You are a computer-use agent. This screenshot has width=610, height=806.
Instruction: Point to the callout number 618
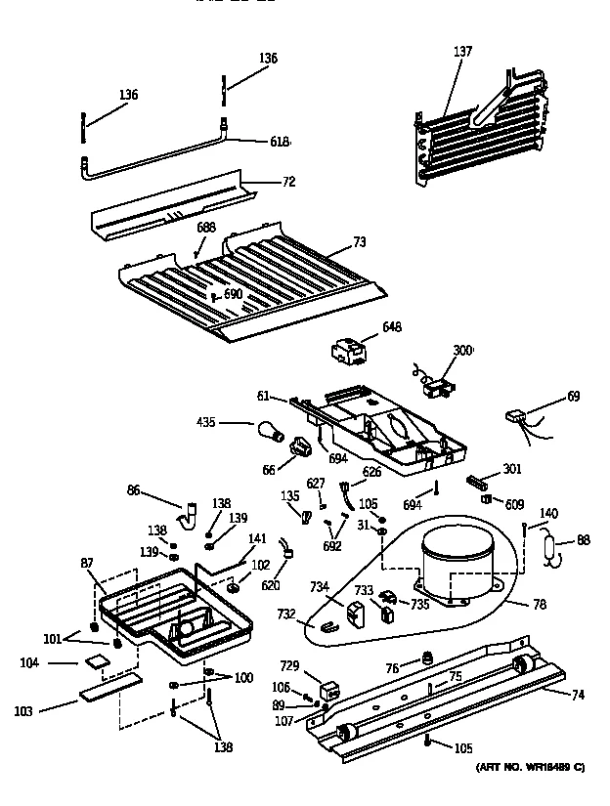[280, 142]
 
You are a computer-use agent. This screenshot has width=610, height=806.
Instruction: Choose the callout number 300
[461, 350]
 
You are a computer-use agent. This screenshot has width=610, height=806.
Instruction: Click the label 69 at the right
[573, 396]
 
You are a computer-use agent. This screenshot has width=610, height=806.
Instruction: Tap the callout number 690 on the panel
[233, 294]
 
